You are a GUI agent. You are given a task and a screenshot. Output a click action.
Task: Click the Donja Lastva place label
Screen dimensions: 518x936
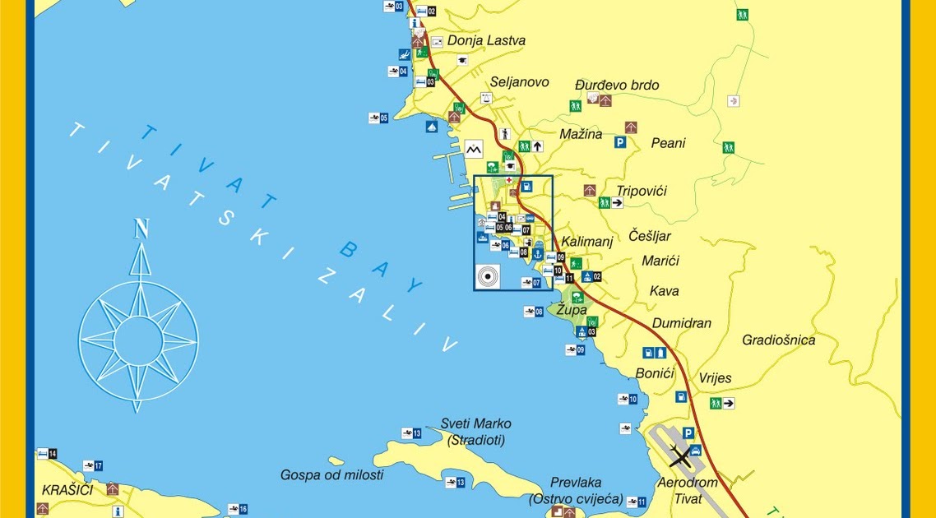pos(486,40)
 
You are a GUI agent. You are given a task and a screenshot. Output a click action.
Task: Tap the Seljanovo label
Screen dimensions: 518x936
pos(519,82)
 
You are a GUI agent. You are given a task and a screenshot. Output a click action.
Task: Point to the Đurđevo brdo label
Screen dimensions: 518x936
pos(617,86)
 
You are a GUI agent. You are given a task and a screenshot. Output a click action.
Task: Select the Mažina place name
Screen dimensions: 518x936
pos(581,134)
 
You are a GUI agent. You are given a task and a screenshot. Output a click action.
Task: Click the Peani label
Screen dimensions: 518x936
pos(668,143)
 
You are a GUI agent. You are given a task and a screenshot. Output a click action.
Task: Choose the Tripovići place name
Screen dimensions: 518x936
pos(642,191)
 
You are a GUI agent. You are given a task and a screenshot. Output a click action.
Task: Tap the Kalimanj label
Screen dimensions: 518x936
pos(587,243)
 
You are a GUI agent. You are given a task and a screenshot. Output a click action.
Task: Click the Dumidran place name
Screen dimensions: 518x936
pos(682,323)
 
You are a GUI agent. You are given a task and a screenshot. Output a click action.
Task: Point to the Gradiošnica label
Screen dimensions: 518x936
pos(778,340)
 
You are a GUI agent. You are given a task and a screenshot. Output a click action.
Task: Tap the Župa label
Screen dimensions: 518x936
pos(572,310)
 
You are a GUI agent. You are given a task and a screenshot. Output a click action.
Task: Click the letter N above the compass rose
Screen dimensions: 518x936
pos(141,229)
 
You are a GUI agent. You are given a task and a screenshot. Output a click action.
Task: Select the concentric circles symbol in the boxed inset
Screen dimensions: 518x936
pos(487,275)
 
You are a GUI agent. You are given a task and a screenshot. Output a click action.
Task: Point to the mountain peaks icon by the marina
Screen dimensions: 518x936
pos(473,149)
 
